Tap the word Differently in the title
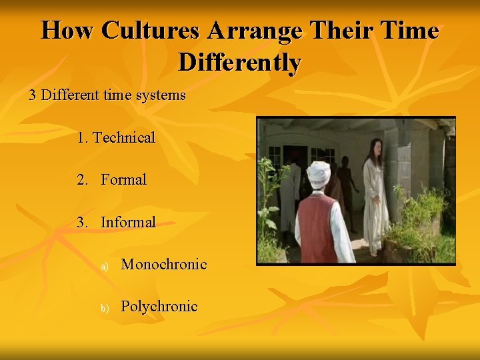[x=240, y=63]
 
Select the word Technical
[x=124, y=138]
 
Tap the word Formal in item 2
[x=124, y=180]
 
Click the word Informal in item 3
[x=128, y=222]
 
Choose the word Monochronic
[x=164, y=265]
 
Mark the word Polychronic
[x=159, y=307]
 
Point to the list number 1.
[x=81, y=138]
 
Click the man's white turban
[x=318, y=173]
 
